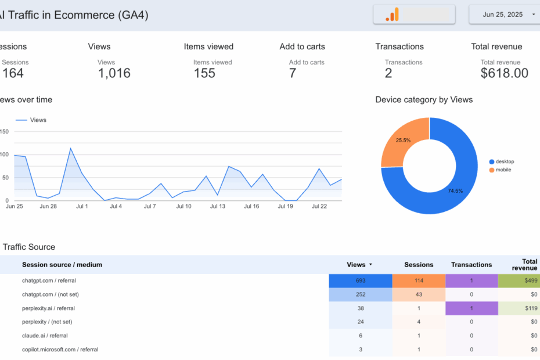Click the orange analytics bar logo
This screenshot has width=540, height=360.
point(393,15)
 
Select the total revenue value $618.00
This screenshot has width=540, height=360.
point(504,73)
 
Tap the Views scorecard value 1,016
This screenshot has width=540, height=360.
point(114,73)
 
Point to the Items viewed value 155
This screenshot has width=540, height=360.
point(204,73)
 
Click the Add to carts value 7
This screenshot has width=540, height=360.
point(293,73)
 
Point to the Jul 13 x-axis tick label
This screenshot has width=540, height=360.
point(218,206)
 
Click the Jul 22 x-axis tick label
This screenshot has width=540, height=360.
point(320,206)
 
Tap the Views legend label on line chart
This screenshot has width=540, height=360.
point(38,120)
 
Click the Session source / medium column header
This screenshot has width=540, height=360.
point(62,265)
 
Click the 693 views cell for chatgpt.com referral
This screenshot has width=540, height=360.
point(361,281)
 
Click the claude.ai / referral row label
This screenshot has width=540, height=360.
point(45,336)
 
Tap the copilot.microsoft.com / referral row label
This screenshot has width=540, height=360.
point(60,350)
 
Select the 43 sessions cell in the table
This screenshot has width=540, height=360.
point(419,294)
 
